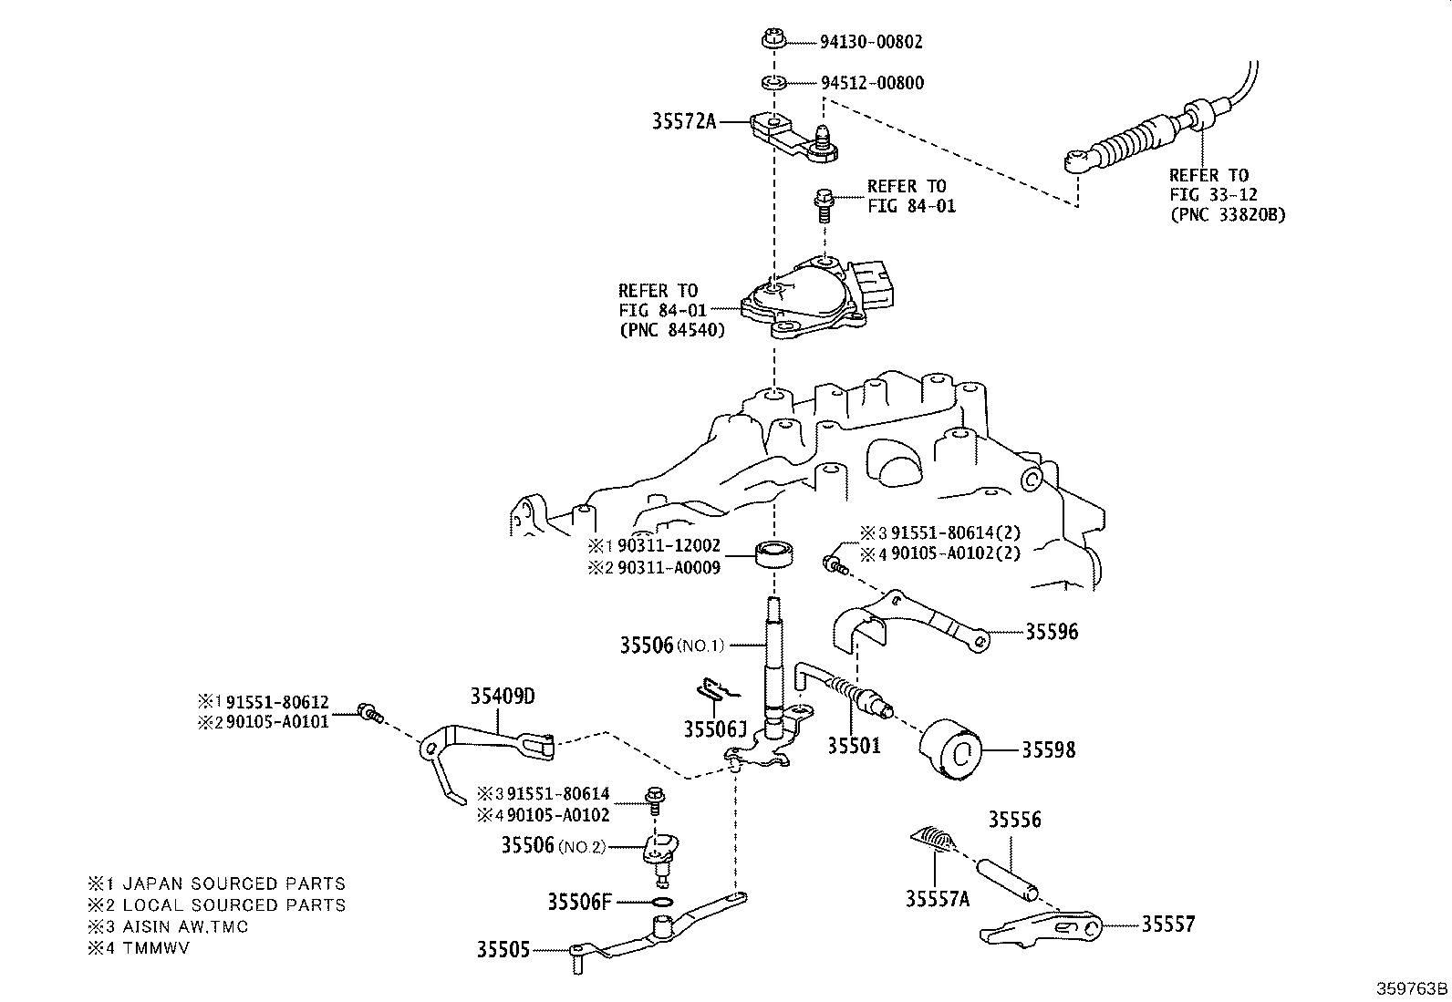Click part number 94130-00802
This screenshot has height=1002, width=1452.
[871, 42]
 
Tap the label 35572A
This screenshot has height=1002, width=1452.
[684, 120]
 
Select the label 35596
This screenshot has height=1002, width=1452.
[1052, 631]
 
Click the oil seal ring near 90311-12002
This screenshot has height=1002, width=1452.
[774, 553]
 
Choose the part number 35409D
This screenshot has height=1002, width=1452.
[503, 697]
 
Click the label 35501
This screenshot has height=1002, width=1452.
[854, 746]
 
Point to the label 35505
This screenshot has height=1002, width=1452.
[503, 949]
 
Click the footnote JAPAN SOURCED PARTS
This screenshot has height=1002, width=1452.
[233, 883]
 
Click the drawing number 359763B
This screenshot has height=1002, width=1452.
[1412, 988]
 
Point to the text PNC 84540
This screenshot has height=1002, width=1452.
[672, 330]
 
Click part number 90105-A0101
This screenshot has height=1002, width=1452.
[277, 721]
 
